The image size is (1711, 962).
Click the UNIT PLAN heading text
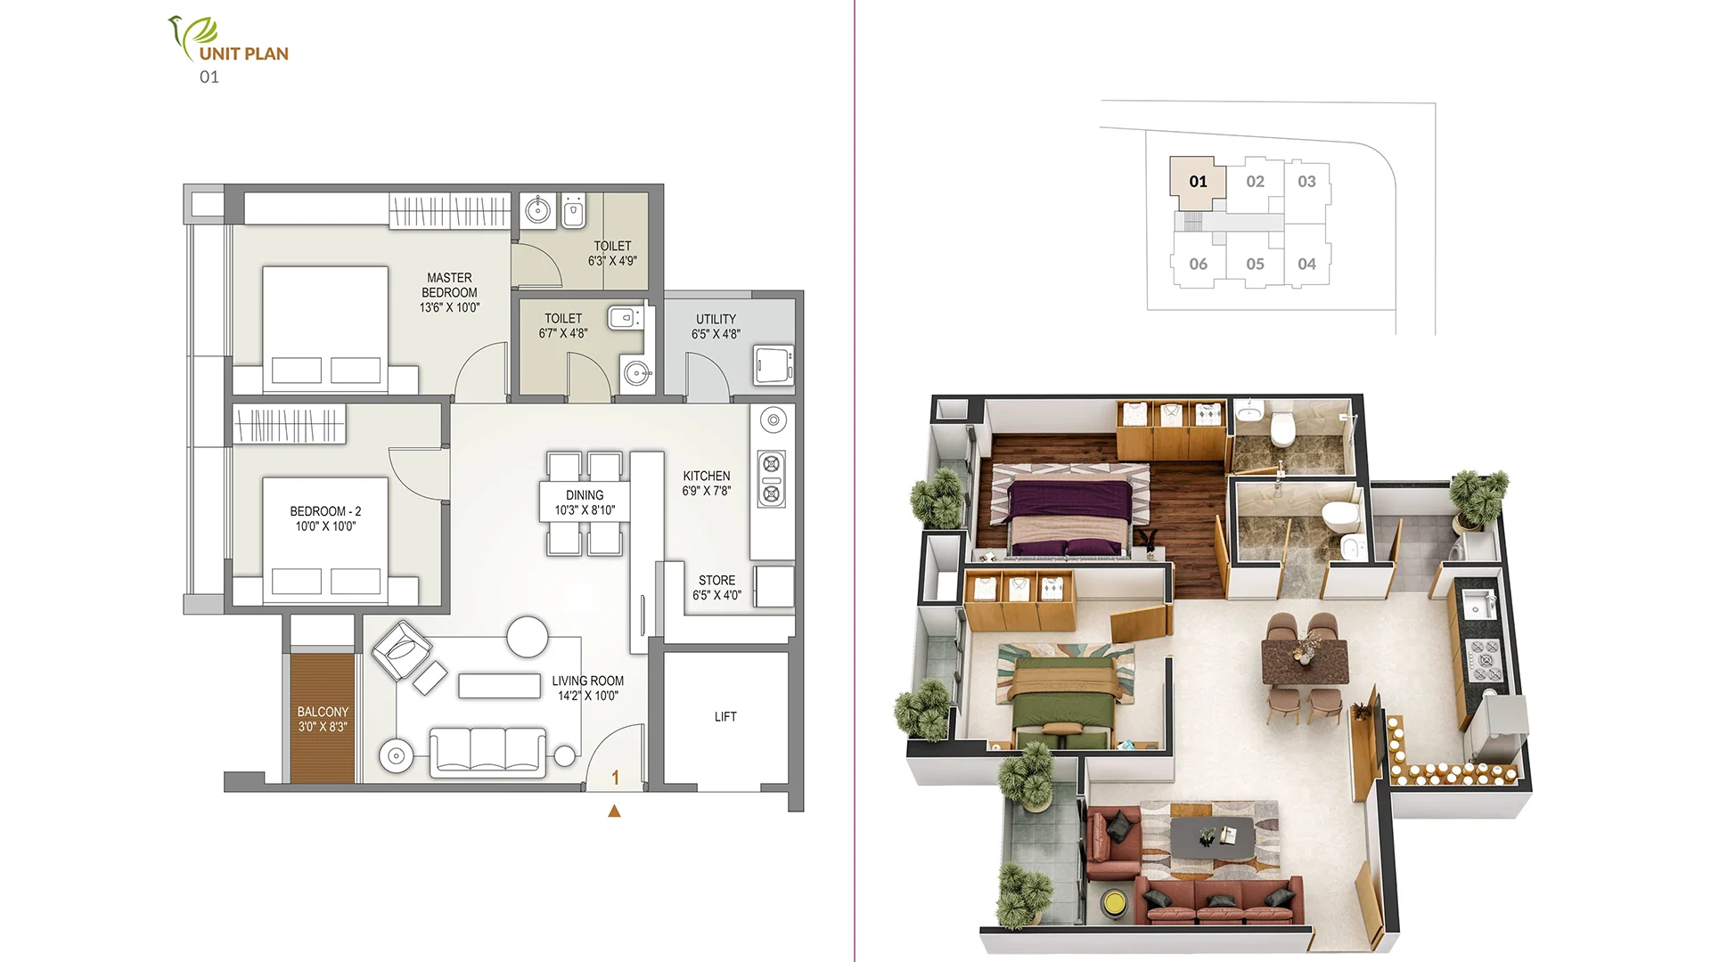pos(243,53)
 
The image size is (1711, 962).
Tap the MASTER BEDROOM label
pos(449,285)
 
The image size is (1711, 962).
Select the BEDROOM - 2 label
pos(325,511)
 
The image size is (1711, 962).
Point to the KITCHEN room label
pos(707,476)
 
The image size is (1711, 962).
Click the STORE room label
pos(716,580)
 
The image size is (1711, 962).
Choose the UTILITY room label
pos(716,319)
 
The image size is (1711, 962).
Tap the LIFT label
pos(725,716)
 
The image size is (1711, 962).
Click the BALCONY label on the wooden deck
pos(323,712)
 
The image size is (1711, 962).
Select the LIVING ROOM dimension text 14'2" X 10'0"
pos(588,696)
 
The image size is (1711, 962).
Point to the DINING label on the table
pos(585,495)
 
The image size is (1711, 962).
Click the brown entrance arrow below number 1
pos(614,811)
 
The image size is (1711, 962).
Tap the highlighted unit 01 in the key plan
pos(1198,182)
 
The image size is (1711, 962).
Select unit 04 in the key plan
pos(1306,264)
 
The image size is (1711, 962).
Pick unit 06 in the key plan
pos(1198,264)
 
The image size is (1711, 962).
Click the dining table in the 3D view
pos(1304,660)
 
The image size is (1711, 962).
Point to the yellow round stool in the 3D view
pos(1113,903)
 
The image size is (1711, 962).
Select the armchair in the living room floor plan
pos(402,649)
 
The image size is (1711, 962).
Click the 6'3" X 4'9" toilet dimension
pos(612,261)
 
